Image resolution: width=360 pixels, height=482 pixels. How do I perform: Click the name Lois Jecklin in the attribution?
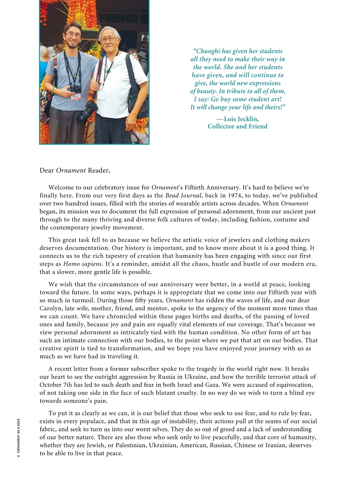pyautogui.click(x=241, y=119)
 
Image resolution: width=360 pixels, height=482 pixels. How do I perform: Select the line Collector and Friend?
pyautogui.click(x=237, y=126)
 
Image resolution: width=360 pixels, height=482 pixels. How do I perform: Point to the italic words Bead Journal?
pyautogui.click(x=183, y=196)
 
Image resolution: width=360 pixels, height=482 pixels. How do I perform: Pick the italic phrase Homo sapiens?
pyautogui.click(x=82, y=264)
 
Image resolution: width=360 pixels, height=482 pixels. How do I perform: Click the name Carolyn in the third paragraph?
pyautogui.click(x=51, y=309)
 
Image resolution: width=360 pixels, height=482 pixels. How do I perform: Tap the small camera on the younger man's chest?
pyautogui.click(x=76, y=89)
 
